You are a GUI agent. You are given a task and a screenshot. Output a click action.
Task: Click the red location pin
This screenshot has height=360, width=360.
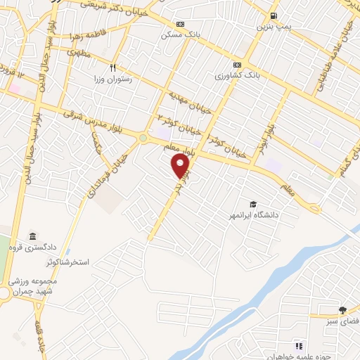[x=181, y=166]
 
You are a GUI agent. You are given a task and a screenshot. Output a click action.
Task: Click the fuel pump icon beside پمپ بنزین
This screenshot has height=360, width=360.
[x=274, y=15]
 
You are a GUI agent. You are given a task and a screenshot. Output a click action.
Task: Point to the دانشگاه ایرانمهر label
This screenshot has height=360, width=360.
[x=252, y=214]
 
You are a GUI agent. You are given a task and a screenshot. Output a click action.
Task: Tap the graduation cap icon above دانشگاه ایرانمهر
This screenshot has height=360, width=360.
[x=252, y=203]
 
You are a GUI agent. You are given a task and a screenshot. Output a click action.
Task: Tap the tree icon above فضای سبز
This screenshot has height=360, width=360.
[x=342, y=310]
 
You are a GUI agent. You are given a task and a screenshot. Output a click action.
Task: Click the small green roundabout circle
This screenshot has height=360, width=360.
[x=144, y=138]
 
